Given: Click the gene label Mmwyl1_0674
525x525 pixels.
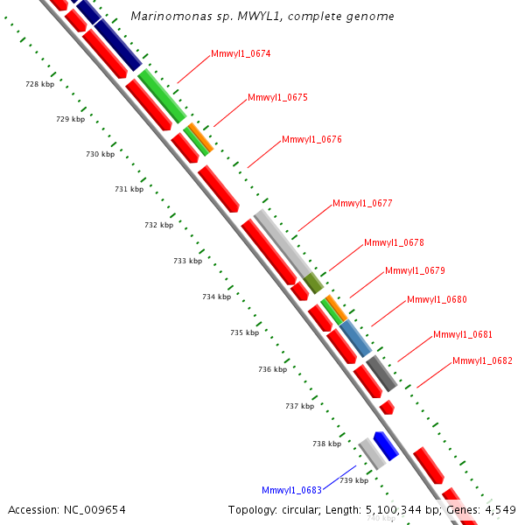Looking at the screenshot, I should click(241, 54).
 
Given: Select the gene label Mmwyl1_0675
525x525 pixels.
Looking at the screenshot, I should click(277, 98).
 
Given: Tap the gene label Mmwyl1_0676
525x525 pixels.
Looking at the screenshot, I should click(311, 140).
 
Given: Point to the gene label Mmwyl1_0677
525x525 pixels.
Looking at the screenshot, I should click(362, 204).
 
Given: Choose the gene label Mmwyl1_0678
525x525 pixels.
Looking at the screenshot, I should click(394, 242).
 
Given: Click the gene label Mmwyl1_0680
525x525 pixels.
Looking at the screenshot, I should click(437, 300).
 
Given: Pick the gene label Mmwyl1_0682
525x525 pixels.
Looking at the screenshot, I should click(482, 361).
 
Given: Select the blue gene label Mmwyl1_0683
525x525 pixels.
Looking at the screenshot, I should click(291, 490).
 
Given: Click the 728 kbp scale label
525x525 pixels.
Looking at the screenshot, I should click(39, 84).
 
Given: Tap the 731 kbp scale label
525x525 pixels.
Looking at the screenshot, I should click(129, 190).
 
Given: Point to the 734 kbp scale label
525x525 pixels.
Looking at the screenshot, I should click(216, 297).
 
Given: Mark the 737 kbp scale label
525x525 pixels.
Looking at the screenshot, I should click(299, 406).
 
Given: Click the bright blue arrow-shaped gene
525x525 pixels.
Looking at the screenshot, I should click(386, 445).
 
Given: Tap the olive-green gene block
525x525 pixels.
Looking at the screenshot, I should click(313, 283).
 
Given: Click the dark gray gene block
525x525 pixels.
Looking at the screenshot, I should click(381, 373).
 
